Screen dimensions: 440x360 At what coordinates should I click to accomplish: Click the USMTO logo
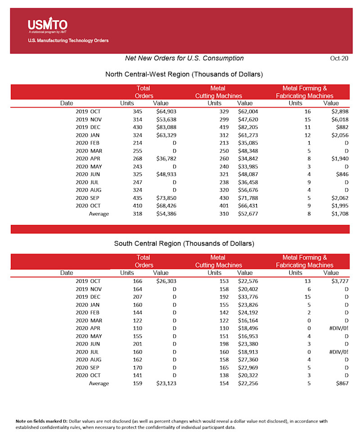(47, 26)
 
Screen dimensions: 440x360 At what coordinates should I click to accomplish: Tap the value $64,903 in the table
(166, 111)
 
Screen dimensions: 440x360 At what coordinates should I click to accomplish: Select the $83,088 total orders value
(166, 128)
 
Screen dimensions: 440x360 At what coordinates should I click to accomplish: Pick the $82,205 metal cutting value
(245, 128)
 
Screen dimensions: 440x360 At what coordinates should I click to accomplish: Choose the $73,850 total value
(166, 198)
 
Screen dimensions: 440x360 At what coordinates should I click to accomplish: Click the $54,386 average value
(166, 214)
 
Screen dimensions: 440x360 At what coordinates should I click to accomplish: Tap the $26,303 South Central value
(166, 281)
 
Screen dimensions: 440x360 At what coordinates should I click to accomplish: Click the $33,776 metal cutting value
(245, 297)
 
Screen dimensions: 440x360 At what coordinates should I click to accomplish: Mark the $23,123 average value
(166, 383)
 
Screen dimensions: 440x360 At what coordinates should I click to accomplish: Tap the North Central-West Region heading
(184, 74)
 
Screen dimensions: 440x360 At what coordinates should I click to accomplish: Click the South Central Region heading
(184, 243)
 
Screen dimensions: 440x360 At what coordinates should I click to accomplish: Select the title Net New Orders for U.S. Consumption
(184, 58)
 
